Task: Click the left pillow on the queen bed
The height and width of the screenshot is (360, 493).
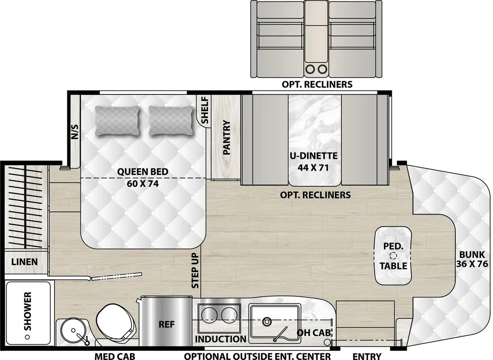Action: click(x=117, y=121)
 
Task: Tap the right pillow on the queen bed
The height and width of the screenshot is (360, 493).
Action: click(x=171, y=121)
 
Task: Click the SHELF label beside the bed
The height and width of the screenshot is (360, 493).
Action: click(x=205, y=110)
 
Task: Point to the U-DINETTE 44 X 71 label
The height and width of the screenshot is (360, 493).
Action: click(x=314, y=162)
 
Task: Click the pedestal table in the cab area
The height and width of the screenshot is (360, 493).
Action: click(x=393, y=256)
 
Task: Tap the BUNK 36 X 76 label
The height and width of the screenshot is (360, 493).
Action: click(x=472, y=259)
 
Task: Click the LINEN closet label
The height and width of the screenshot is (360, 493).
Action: click(x=25, y=262)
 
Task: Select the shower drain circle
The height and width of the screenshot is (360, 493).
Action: click(x=27, y=337)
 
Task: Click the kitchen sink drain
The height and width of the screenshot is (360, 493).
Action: click(x=267, y=321)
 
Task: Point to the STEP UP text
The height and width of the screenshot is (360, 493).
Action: click(x=195, y=270)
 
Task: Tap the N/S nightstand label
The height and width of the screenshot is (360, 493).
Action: click(x=75, y=132)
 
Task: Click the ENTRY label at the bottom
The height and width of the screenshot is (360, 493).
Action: click(x=366, y=356)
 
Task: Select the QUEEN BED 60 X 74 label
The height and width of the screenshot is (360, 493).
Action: click(x=143, y=177)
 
